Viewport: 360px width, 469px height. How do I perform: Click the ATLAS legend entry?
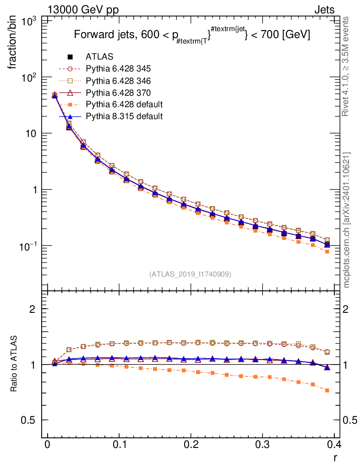click(98, 57)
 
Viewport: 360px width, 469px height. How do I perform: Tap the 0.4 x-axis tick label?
click(333, 446)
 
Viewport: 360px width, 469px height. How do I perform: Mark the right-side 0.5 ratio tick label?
click(350, 420)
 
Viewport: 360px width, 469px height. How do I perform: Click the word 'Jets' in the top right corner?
click(324, 10)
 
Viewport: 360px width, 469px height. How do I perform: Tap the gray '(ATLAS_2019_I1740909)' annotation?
click(190, 274)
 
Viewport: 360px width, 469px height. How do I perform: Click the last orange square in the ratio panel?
click(327, 390)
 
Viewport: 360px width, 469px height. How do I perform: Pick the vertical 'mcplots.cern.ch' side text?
click(347, 220)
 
